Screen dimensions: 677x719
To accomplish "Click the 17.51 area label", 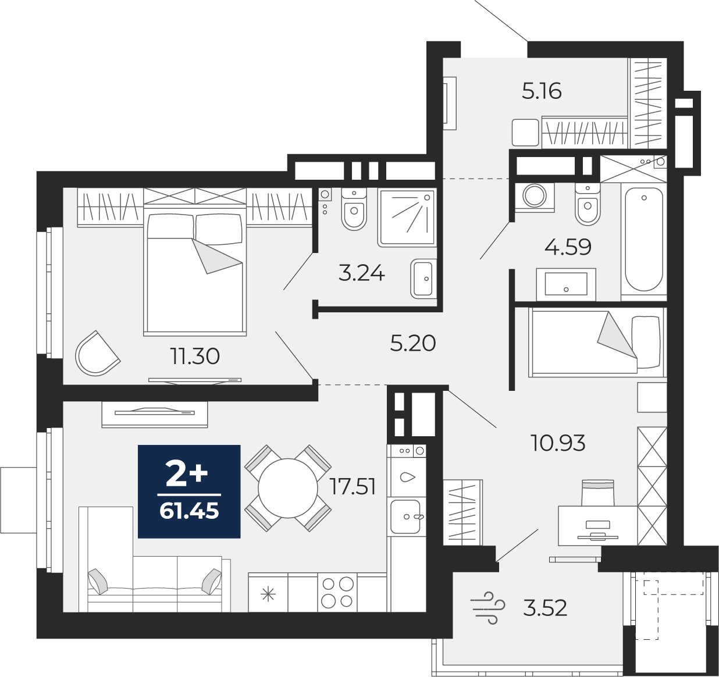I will point(353,486).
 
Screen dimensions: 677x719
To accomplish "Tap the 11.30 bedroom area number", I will point(195,356).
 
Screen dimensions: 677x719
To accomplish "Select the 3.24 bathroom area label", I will point(361,273).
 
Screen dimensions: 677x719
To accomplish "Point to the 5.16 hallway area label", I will point(542,91).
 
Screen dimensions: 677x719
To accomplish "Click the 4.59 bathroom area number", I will point(568,247).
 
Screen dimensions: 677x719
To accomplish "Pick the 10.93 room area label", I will point(558,443).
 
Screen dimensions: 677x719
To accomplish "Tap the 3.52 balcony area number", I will point(544,608).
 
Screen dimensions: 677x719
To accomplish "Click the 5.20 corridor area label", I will point(412,343).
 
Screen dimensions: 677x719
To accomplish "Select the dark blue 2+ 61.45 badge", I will point(189,491).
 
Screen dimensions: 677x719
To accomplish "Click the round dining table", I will point(288,487).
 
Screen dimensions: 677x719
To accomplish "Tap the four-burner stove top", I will point(337,592).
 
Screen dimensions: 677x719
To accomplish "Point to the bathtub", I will point(643,238).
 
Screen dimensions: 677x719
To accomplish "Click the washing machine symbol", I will point(534,195).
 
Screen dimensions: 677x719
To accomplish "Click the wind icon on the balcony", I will point(487,608).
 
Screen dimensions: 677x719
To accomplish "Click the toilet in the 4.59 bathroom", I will point(587,204).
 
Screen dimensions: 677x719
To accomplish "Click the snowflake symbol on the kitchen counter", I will point(268,594).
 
